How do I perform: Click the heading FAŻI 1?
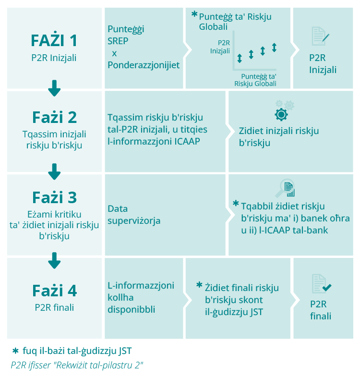(54, 39)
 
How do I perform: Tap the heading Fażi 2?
(54, 117)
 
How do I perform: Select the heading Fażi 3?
(54, 197)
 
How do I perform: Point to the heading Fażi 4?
(54, 291)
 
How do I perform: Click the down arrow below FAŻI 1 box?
(54, 88)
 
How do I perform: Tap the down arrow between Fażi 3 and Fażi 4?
(54, 261)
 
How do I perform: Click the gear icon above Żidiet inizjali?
(281, 113)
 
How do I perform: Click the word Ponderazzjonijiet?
(144, 65)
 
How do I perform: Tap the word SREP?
(118, 41)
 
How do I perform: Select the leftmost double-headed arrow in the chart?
(240, 59)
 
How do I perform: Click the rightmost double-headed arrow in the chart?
(274, 48)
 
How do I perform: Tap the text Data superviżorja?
(134, 215)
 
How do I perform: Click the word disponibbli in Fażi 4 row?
(131, 310)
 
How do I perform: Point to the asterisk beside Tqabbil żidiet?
(235, 204)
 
